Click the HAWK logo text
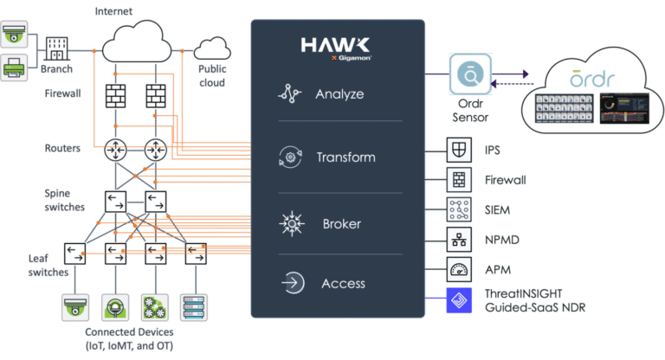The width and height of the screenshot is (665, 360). pos(337,45)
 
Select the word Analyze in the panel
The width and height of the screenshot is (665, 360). pos(339,93)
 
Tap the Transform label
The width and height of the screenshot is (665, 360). pos(345,157)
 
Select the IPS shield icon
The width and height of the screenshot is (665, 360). pos(458,149)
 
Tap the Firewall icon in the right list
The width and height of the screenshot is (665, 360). pos(458,179)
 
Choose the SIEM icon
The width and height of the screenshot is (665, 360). pos(458,209)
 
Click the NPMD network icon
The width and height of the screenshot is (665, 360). pos(458,238)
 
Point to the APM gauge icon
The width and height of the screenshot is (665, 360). pos(458,267)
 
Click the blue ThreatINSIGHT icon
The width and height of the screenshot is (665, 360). pos(458,299)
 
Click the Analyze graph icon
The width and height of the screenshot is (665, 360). pos(288,94)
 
